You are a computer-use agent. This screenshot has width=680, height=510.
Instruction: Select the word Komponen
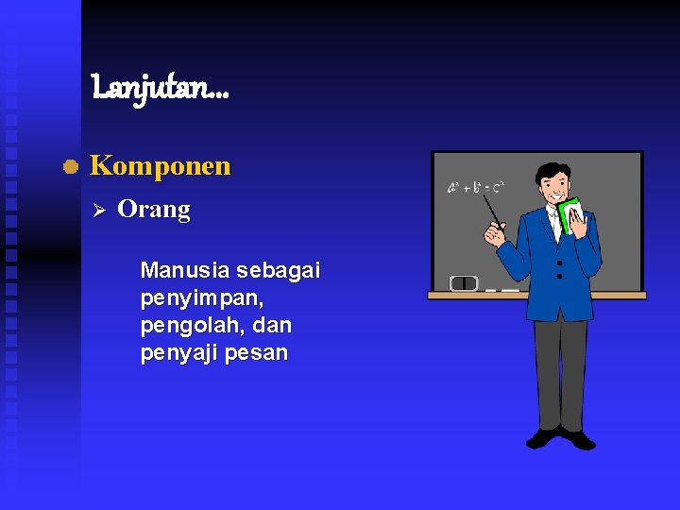pyautogui.click(x=160, y=166)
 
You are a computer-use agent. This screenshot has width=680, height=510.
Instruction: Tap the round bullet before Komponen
pyautogui.click(x=69, y=167)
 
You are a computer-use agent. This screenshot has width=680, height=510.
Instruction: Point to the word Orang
pyautogui.click(x=153, y=209)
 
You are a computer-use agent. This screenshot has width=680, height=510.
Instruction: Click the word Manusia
pyautogui.click(x=184, y=271)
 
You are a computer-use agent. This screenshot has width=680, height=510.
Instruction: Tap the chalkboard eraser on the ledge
pyautogui.click(x=464, y=282)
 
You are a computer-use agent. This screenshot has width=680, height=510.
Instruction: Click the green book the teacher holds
pyautogui.click(x=569, y=217)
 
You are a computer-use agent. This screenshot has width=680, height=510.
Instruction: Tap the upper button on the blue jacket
pyautogui.click(x=559, y=262)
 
